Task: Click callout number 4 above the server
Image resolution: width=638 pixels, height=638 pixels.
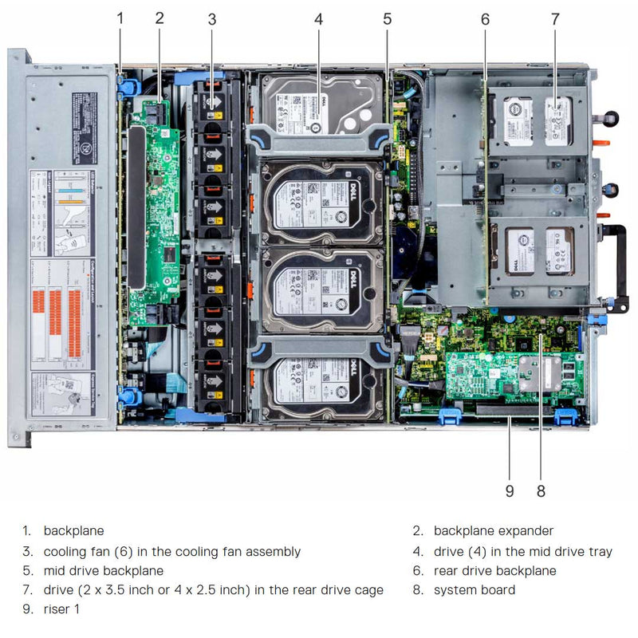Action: pos(318,18)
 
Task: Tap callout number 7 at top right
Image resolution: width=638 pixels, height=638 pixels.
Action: pos(554,18)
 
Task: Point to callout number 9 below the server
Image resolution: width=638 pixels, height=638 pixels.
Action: pos(510,490)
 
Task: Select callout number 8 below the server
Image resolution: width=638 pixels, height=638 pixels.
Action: pos(541,490)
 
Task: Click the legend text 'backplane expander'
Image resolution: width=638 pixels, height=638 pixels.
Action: pos(493,530)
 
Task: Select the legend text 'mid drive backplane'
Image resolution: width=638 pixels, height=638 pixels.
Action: pos(104,570)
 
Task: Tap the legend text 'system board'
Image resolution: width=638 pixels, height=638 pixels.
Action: pos(475,590)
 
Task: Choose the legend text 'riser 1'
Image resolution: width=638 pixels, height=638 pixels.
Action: pos(61,609)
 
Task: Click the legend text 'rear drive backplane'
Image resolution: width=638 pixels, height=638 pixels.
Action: pos(495,570)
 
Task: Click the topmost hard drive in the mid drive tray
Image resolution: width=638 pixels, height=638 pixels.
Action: pos(322,104)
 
